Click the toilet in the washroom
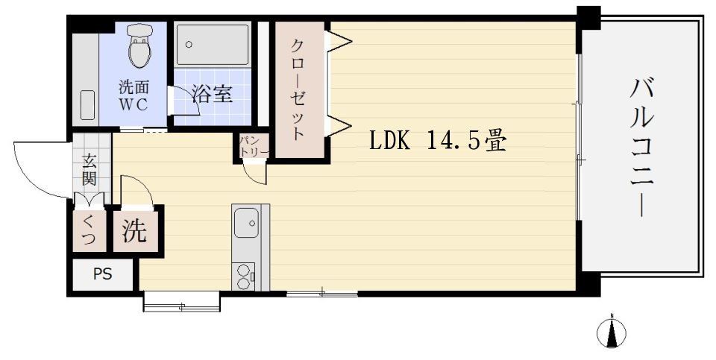tap(139, 47)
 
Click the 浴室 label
tap(212, 94)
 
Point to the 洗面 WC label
tap(134, 95)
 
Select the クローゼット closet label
tap(298, 89)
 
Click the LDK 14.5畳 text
tap(438, 141)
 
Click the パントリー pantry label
tap(248, 146)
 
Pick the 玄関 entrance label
tap(89, 170)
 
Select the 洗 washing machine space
tap(134, 232)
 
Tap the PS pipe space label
tap(102, 274)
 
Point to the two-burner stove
tap(244, 277)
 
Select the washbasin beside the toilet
tap(87, 105)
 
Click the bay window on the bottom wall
tap(181, 301)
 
